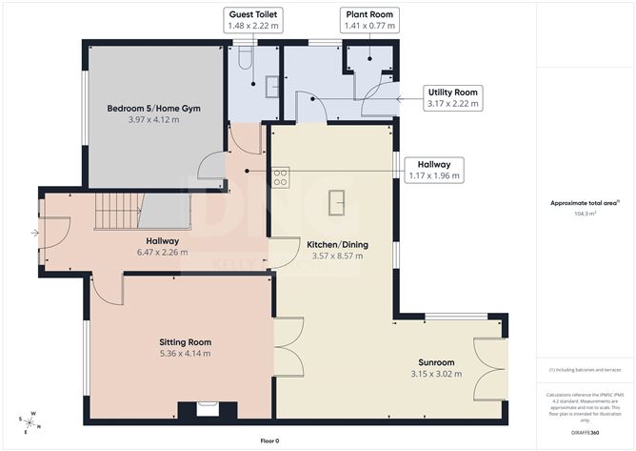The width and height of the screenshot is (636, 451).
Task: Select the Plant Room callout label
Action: (x=368, y=21)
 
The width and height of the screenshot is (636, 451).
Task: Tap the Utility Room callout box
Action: (x=453, y=97)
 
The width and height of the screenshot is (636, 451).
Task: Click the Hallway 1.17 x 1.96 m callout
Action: (x=433, y=170)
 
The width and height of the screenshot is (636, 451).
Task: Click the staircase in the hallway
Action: (x=117, y=211)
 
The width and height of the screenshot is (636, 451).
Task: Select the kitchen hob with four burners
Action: (x=281, y=176)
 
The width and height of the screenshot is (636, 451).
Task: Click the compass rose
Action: (x=30, y=420)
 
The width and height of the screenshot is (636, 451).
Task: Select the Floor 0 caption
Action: (x=271, y=441)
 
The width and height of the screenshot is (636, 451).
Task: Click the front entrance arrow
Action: (x=35, y=232)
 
